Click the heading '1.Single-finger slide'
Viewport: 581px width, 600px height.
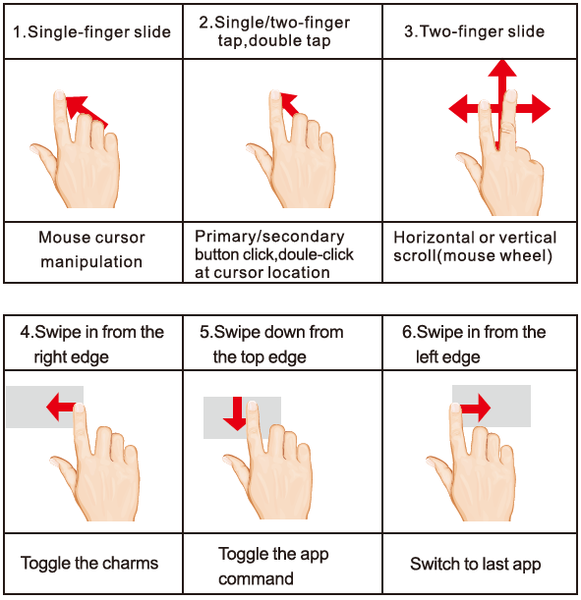tap(91, 31)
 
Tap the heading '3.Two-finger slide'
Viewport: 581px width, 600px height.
tap(474, 31)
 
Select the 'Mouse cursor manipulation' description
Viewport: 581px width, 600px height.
tap(91, 249)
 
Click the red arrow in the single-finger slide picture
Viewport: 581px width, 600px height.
tap(86, 111)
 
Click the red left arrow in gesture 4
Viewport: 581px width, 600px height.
tap(61, 407)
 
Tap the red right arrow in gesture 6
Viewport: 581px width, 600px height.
tap(475, 408)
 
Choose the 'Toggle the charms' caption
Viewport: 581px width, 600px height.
tap(89, 564)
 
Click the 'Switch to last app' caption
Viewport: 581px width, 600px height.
tap(475, 564)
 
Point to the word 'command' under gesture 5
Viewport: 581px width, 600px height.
tap(256, 579)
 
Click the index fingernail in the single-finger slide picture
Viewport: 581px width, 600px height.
tap(59, 95)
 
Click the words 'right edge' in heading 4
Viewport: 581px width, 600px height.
tap(71, 357)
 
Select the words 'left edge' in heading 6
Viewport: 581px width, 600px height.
tap(447, 357)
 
